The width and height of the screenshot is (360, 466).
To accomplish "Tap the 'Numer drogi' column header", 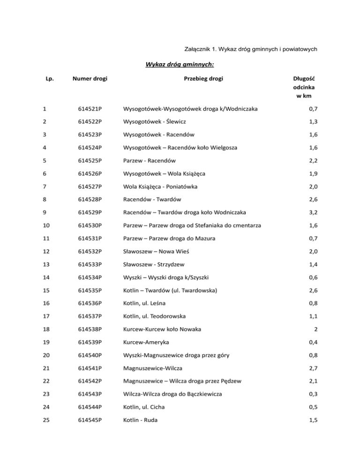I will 90,79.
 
